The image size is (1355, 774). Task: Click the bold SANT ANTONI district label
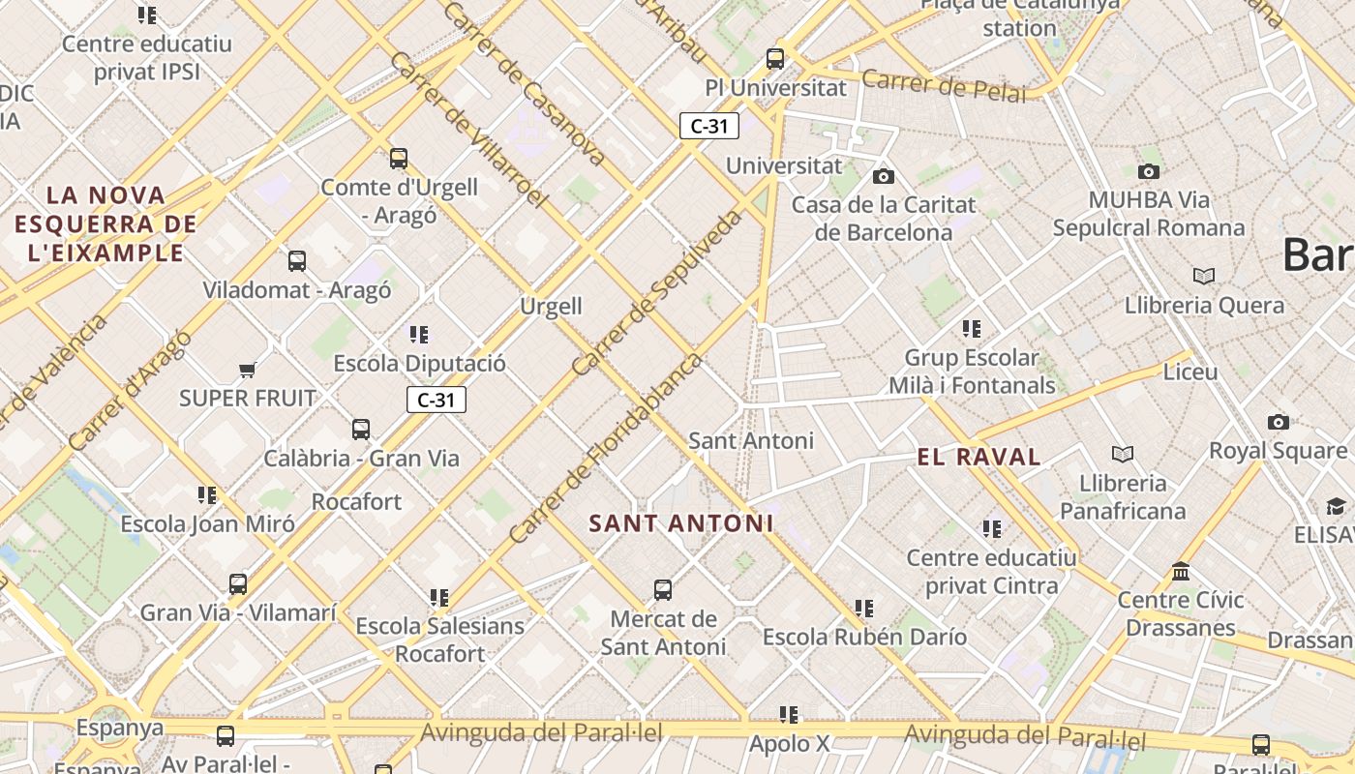pos(681,523)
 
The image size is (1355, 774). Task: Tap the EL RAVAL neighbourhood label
pos(979,457)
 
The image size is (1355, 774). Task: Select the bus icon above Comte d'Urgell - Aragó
pos(399,159)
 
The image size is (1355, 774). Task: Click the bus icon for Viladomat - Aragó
pos(297,261)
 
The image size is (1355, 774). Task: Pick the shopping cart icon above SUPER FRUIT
pos(248,370)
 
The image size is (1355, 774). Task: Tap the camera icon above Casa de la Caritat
pos(883,176)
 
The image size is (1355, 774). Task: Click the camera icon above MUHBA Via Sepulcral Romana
pos(1149,172)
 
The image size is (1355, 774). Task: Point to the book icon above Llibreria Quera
pos(1204,277)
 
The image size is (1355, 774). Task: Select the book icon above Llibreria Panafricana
pos(1123,454)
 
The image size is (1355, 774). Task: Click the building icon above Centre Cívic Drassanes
pos(1181,572)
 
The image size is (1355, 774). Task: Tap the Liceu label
pos(1190,372)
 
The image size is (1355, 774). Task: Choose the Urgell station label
pos(552,307)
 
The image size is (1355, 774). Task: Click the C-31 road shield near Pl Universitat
pos(709,126)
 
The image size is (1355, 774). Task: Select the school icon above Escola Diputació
pos(419,335)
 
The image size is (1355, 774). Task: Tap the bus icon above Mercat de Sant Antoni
pos(663,590)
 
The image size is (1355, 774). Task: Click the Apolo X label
pos(790,744)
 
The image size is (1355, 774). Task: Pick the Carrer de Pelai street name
pos(943,85)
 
